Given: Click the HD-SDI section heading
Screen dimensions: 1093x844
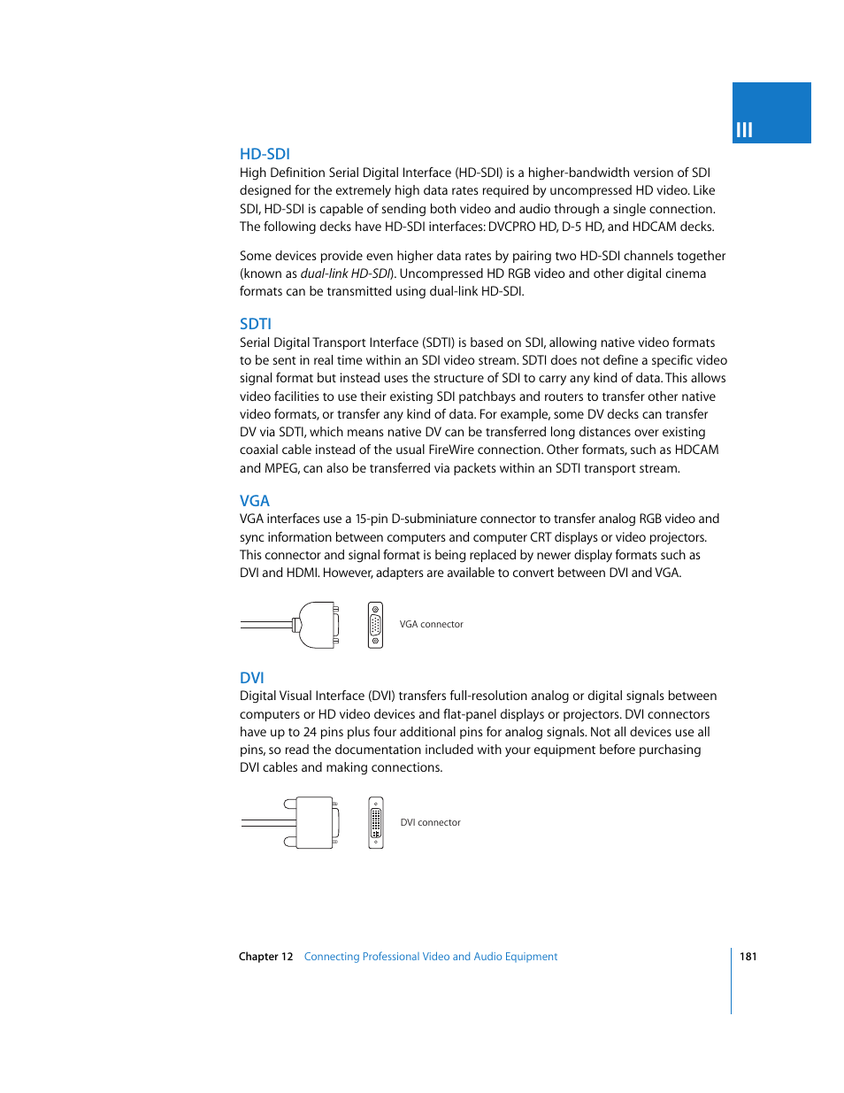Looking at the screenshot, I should coord(265,154).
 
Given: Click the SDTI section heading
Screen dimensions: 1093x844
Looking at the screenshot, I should coord(255,324).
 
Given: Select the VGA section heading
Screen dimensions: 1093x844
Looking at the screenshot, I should coord(254,501).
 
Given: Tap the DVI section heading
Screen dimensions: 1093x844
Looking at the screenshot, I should coord(251,678).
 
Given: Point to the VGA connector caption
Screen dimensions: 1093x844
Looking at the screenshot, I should coord(431,625).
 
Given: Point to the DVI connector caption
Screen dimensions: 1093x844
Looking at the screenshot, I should coord(430,823).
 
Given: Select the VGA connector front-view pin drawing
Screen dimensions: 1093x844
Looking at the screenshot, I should coord(376,625).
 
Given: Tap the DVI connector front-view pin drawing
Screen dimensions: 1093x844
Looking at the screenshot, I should coord(376,823).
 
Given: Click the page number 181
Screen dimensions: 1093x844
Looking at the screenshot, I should coord(748,957).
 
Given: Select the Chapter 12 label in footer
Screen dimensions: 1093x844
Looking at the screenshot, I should coord(265,957).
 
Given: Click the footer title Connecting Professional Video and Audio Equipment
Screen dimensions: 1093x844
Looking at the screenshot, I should coord(431,957).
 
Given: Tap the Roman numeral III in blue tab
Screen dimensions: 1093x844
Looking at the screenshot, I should coord(744,130).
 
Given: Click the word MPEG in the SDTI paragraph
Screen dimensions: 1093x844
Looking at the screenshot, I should coord(280,468).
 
